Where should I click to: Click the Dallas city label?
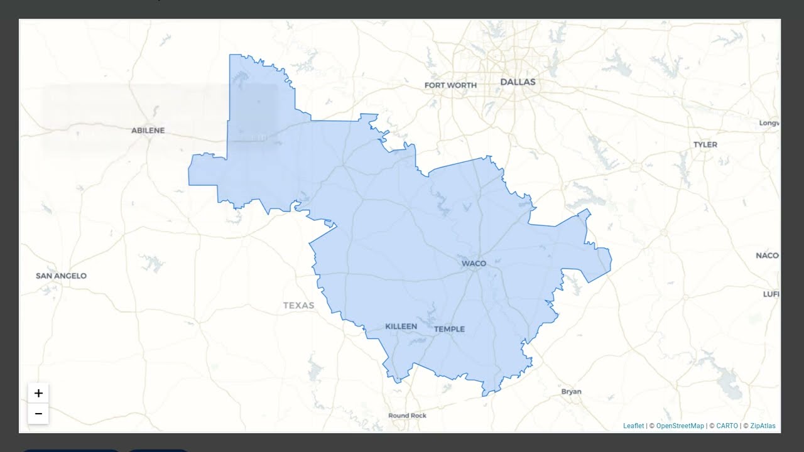[x=518, y=82]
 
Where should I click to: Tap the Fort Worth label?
[x=450, y=85]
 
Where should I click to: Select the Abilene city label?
[x=148, y=131]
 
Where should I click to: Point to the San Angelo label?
[x=61, y=276]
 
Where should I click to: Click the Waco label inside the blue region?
[x=474, y=264]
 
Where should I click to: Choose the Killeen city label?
[x=401, y=326]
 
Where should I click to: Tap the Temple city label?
[x=449, y=329]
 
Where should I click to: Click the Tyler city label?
[x=705, y=144]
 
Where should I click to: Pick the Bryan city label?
[x=571, y=392]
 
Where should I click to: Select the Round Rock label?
[x=407, y=416]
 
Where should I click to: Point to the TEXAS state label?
[x=298, y=306]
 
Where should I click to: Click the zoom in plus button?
[x=38, y=394]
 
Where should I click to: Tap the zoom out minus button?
[x=38, y=414]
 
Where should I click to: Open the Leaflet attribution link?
[x=633, y=426]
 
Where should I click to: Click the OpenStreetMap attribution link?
[x=680, y=426]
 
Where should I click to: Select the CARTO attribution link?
[x=727, y=426]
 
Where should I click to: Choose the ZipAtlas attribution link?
[x=763, y=426]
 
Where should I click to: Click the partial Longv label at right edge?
[x=769, y=123]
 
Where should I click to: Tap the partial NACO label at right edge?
[x=767, y=256]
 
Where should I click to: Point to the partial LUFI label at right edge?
[x=771, y=294]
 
